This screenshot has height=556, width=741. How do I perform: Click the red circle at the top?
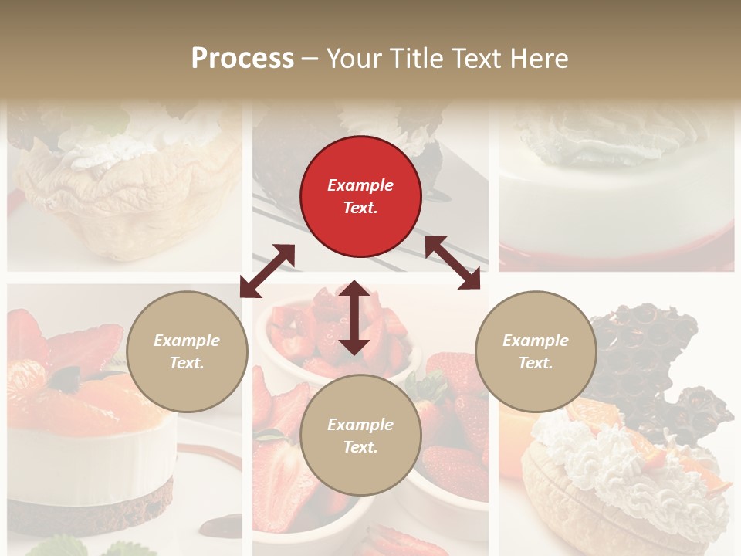pyautogui.click(x=360, y=197)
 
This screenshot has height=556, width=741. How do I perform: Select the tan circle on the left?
pyautogui.click(x=187, y=351)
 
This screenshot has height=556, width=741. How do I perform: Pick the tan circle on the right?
pyautogui.click(x=536, y=351)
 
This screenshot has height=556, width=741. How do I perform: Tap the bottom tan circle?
pyautogui.click(x=360, y=436)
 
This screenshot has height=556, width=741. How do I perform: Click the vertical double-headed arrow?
pyautogui.click(x=354, y=317)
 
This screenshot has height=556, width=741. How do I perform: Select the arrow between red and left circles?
pyautogui.click(x=267, y=271)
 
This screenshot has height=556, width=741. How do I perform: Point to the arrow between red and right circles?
pyautogui.click(x=452, y=263)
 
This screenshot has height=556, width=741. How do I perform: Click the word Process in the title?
pyautogui.click(x=242, y=59)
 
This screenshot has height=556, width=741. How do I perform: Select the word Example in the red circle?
pyautogui.click(x=360, y=185)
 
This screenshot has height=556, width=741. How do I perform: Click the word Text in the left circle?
pyautogui.click(x=186, y=363)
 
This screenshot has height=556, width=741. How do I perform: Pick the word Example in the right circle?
pyautogui.click(x=536, y=341)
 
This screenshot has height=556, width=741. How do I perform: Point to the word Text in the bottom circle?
pyautogui.click(x=360, y=447)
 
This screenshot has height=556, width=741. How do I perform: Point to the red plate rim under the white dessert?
pyautogui.click(x=617, y=259)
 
